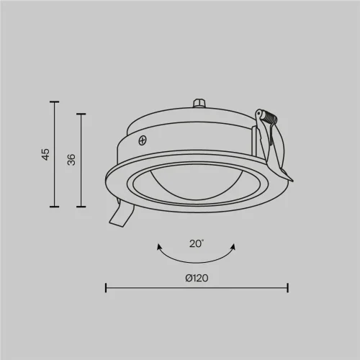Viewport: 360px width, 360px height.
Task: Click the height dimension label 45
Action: pos(45,153)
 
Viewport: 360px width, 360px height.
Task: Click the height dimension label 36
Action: pos(71,159)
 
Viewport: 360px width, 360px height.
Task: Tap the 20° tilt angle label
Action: pos(196,244)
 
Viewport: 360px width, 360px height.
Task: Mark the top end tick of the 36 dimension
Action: pos(81,113)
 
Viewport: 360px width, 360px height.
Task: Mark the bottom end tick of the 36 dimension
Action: pos(81,207)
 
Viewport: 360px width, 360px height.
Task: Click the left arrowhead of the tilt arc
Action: pos(158,247)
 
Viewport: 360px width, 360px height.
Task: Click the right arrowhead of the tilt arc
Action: pos(235,247)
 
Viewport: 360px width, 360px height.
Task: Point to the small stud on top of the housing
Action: pos(199,105)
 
